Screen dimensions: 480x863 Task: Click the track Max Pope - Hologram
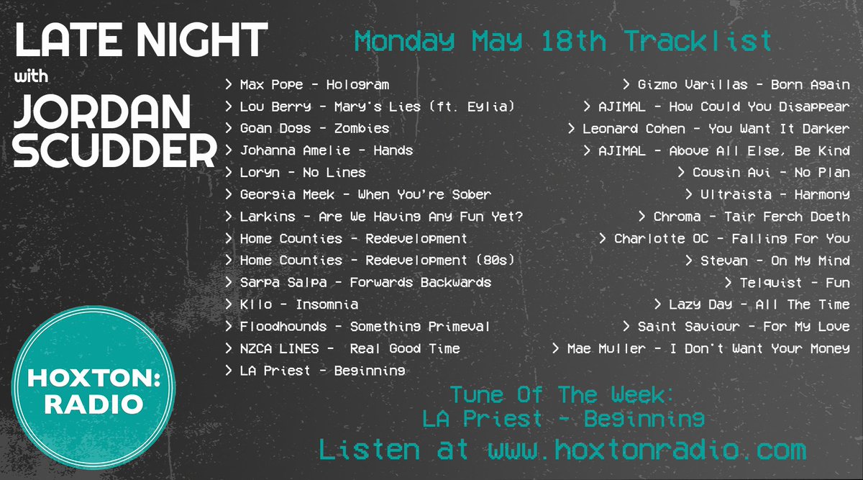click(314, 85)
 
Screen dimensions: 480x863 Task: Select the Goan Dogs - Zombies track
click(314, 129)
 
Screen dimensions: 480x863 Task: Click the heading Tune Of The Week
click(562, 395)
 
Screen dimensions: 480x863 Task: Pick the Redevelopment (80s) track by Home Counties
click(378, 261)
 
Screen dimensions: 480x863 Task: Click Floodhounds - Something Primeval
click(365, 327)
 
